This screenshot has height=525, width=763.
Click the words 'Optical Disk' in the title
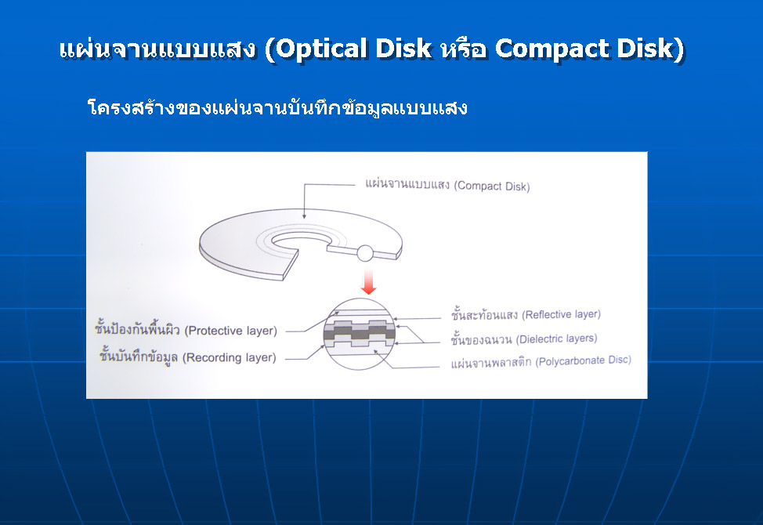pyautogui.click(x=354, y=49)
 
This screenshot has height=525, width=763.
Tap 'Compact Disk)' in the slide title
pyautogui.click(x=590, y=49)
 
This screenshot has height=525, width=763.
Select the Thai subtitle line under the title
pyautogui.click(x=277, y=107)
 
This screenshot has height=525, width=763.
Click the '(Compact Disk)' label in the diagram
pyautogui.click(x=492, y=186)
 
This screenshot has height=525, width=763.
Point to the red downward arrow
pyautogui.click(x=369, y=281)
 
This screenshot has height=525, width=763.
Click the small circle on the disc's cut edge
pyautogui.click(x=365, y=253)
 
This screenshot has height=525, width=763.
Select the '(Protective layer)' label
pyautogui.click(x=230, y=331)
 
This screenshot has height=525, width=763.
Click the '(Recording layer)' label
pyautogui.click(x=230, y=357)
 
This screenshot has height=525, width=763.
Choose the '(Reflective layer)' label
pyautogui.click(x=562, y=315)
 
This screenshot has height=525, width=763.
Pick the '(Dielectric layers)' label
pyautogui.click(x=557, y=339)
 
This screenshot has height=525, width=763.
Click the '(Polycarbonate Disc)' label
pyautogui.click(x=584, y=360)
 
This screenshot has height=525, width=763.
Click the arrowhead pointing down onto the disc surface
pyautogui.click(x=304, y=216)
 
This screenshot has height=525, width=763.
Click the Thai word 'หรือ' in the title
pyautogui.click(x=463, y=49)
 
